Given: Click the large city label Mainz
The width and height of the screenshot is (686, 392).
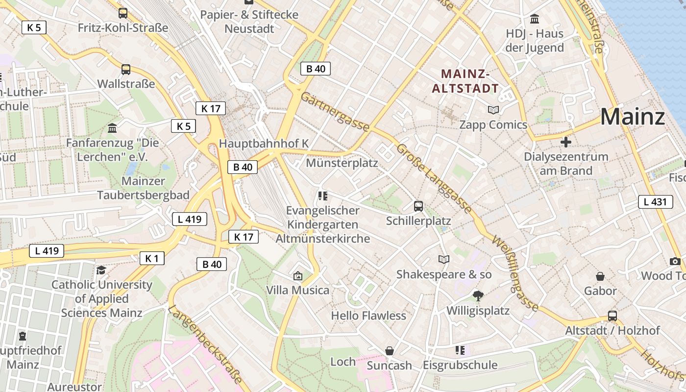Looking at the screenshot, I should pyautogui.click(x=632, y=117).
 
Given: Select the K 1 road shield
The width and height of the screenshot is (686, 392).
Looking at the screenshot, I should pyautogui.click(x=151, y=258).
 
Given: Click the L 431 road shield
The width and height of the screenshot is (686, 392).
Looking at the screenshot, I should pyautogui.click(x=655, y=201).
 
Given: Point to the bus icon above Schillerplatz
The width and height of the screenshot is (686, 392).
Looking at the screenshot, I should pyautogui.click(x=418, y=206).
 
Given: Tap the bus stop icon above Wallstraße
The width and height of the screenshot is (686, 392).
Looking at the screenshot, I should pyautogui.click(x=126, y=70).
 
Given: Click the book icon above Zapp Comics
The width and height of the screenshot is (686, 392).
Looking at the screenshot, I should pyautogui.click(x=493, y=110).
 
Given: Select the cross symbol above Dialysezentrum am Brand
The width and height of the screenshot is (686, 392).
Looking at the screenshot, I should pyautogui.click(x=566, y=143).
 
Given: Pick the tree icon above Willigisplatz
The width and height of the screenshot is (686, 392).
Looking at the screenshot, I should pyautogui.click(x=478, y=295).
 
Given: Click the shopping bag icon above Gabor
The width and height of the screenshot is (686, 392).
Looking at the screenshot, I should pyautogui.click(x=600, y=277).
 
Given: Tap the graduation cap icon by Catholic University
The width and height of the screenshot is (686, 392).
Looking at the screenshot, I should pyautogui.click(x=101, y=270).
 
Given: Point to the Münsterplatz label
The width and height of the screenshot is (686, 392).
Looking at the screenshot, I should pyautogui.click(x=342, y=163).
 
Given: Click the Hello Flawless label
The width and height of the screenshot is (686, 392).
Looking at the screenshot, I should pyautogui.click(x=368, y=316).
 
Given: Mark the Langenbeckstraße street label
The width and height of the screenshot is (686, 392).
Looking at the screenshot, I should pyautogui.click(x=205, y=343).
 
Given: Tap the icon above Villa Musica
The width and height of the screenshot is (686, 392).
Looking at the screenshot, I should pyautogui.click(x=297, y=276).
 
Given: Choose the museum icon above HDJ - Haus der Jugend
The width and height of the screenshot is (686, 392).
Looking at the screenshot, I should pyautogui.click(x=535, y=19).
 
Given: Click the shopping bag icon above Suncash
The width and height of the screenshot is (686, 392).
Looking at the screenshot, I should pyautogui.click(x=390, y=351).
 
